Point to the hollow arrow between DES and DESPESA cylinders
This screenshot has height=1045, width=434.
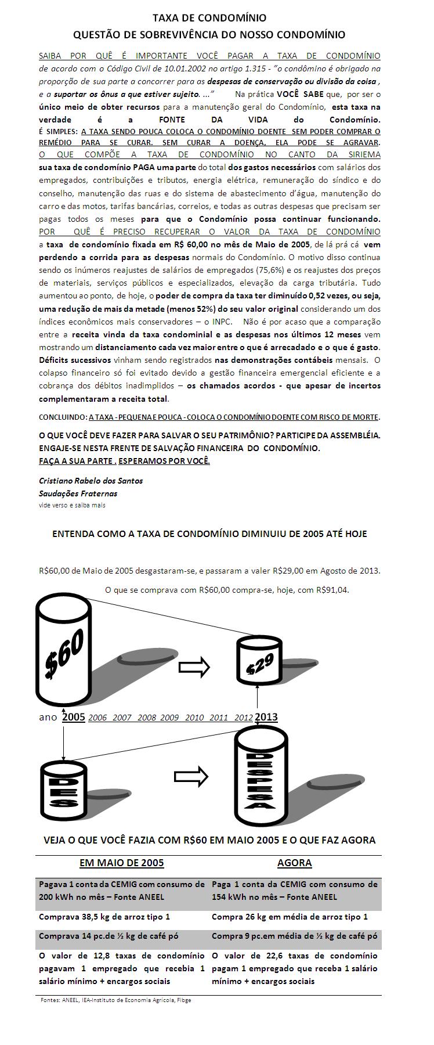[191, 776]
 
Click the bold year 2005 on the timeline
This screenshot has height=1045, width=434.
[74, 717]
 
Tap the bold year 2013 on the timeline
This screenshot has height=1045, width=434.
[266, 717]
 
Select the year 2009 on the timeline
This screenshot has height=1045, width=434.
[169, 718]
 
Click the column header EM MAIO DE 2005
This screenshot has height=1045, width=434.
[121, 863]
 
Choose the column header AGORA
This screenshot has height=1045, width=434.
[294, 863]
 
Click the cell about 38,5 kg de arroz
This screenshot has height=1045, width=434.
[104, 917]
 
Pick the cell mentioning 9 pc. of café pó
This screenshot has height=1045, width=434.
[294, 936]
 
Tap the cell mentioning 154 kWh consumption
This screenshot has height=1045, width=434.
[294, 891]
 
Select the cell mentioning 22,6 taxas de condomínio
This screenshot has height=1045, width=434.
[294, 968]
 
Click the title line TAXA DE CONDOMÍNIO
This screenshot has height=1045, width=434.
[209, 18]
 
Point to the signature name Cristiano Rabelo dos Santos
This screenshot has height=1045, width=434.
[91, 481]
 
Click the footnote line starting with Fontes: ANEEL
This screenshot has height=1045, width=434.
[116, 1000]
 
